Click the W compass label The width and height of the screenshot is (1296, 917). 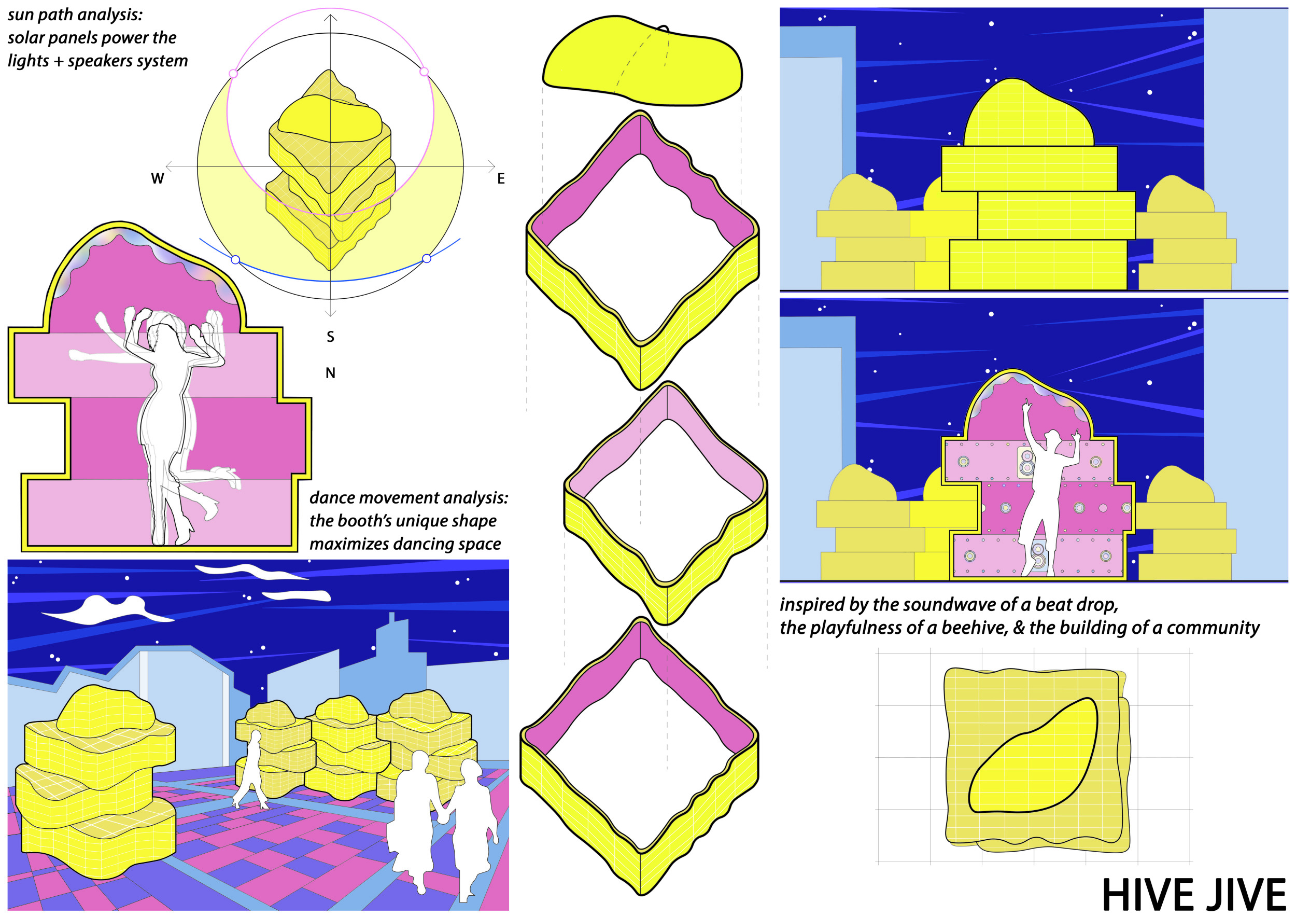point(158,178)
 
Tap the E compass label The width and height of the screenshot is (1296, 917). point(501,178)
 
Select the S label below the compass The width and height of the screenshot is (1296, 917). point(330,337)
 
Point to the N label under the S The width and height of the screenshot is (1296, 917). point(330,373)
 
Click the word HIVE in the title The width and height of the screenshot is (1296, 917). point(1146,895)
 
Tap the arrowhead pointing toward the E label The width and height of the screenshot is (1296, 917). point(491,166)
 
